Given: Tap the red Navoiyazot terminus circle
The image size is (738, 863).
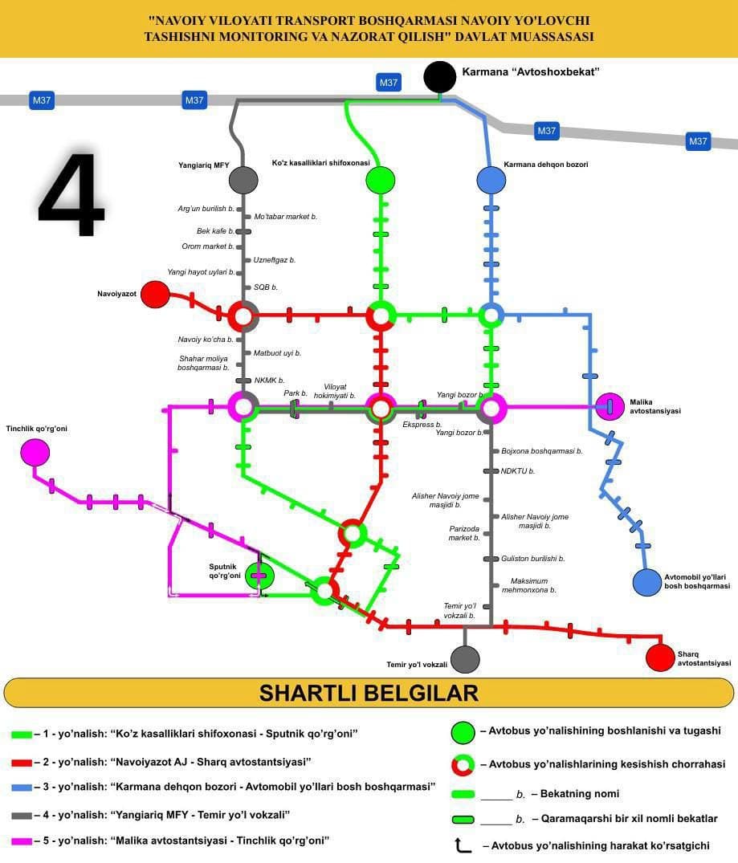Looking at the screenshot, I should (x=155, y=295).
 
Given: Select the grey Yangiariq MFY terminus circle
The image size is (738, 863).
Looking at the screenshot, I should (x=243, y=180).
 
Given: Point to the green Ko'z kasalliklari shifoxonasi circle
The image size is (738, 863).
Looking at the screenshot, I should (x=380, y=180).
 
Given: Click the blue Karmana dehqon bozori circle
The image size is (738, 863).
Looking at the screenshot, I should (x=491, y=180).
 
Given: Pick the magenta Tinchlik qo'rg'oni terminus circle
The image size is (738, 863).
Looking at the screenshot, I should (x=35, y=453).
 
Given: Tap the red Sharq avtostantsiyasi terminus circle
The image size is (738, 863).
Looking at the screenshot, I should (x=660, y=657).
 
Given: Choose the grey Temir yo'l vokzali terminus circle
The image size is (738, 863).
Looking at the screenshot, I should (x=465, y=659).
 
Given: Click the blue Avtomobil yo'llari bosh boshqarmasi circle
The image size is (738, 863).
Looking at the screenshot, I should (x=646, y=583).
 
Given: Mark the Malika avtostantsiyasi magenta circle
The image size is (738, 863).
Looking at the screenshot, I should (x=610, y=406).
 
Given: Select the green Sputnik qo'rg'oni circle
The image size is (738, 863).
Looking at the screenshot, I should (x=259, y=575).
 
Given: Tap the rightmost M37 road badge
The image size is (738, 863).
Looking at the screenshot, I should (x=698, y=142).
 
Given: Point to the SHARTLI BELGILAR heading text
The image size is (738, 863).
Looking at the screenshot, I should (x=369, y=692).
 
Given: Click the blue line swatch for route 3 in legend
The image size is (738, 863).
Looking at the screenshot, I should (x=22, y=788).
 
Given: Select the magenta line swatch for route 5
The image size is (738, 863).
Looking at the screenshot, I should (x=22, y=841).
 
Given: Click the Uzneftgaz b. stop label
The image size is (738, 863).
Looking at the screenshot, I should (x=275, y=260).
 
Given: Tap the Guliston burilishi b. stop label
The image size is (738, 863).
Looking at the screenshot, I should (x=532, y=558).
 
